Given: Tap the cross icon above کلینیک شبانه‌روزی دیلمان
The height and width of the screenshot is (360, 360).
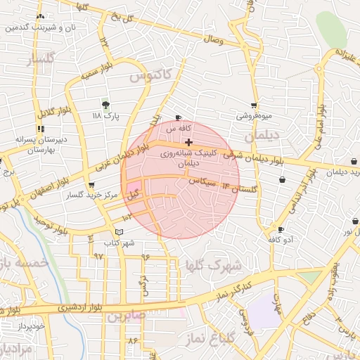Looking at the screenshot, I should [x=188, y=142].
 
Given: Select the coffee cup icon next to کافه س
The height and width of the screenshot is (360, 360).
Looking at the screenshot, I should [x=178, y=118].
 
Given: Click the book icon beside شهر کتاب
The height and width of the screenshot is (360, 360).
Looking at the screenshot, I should [x=119, y=231].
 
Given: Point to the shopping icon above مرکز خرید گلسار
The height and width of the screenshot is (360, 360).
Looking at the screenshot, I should [x=91, y=185].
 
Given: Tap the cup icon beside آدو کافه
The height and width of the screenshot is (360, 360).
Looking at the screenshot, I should [x=281, y=229].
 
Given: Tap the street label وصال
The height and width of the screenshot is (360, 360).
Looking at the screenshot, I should [x=212, y=40].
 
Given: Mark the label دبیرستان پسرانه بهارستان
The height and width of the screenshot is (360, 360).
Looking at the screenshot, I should [x=41, y=144].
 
